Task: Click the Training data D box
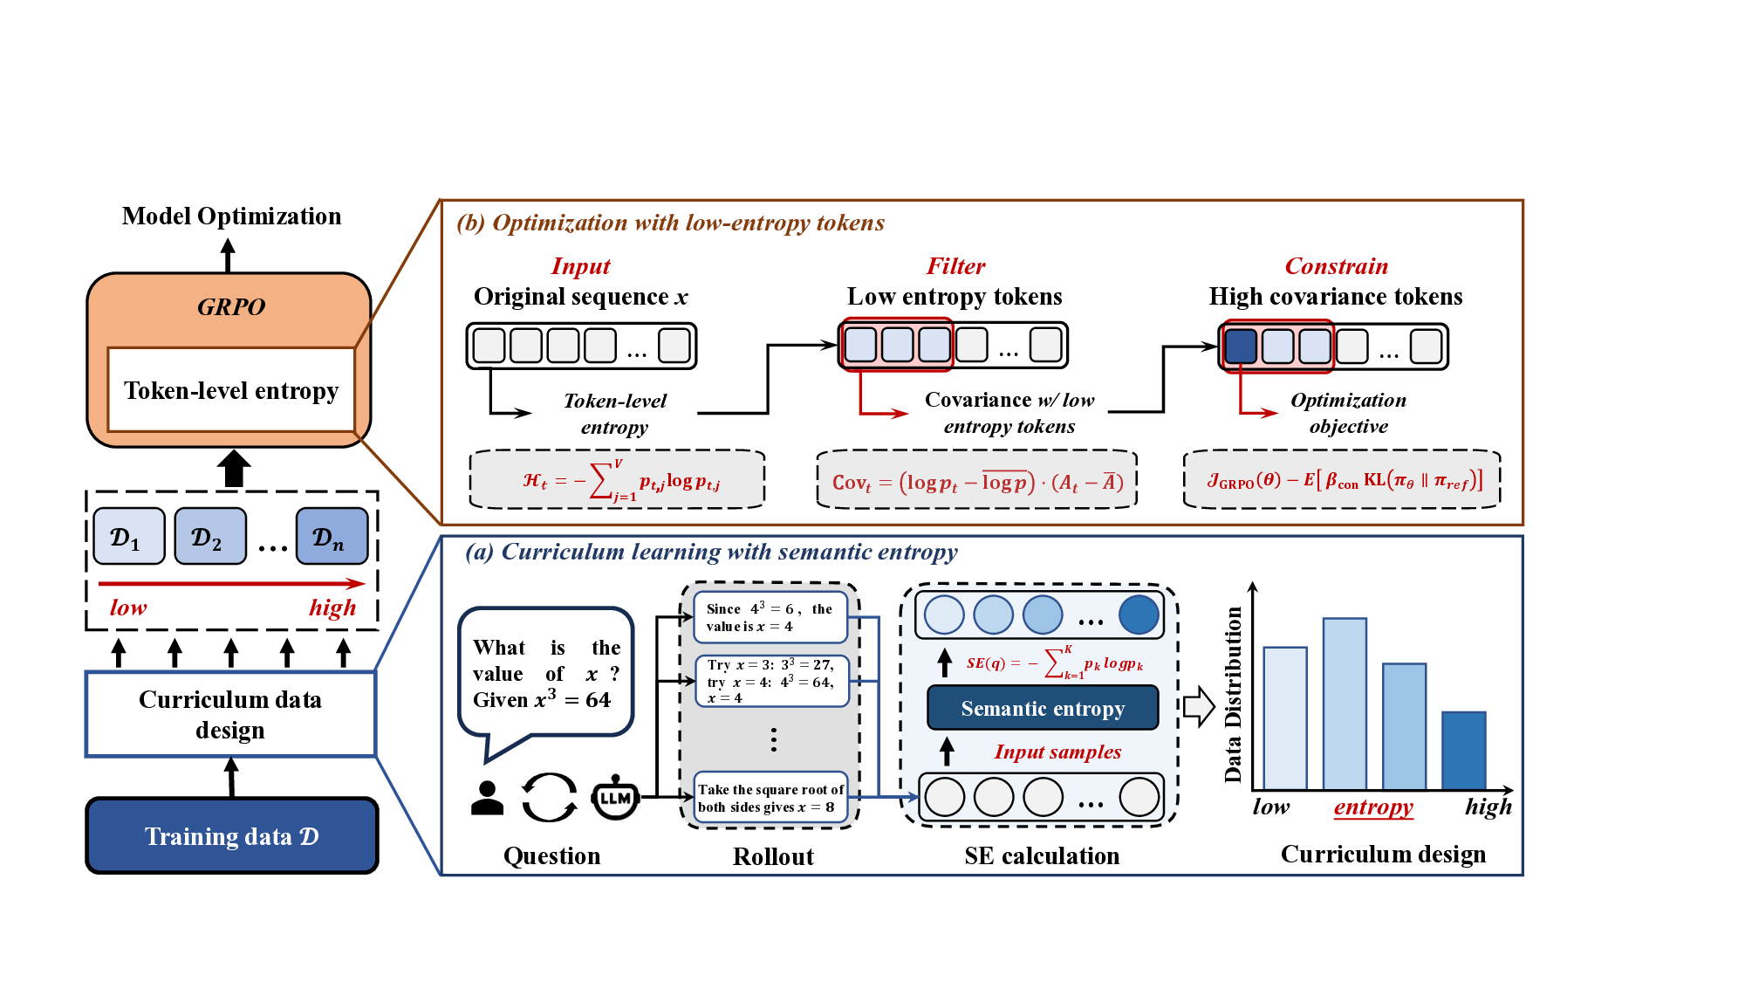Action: pyautogui.click(x=231, y=835)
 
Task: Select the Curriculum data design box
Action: pyautogui.click(x=230, y=714)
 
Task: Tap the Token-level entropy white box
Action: pyautogui.click(x=231, y=389)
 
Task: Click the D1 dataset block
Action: pyautogui.click(x=128, y=536)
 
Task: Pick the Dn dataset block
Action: pyautogui.click(x=332, y=536)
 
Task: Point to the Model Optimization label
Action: pyautogui.click(x=231, y=216)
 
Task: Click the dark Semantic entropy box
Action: pyautogui.click(x=1043, y=708)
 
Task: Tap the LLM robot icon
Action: pyautogui.click(x=615, y=797)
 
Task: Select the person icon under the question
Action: pyautogui.click(x=487, y=797)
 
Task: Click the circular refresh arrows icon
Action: pyautogui.click(x=550, y=797)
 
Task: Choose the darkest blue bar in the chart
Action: pyautogui.click(x=1463, y=751)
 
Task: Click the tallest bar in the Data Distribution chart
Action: pyautogui.click(x=1345, y=704)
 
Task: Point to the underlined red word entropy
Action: pyautogui.click(x=1373, y=807)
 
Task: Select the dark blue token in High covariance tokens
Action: pyautogui.click(x=1241, y=346)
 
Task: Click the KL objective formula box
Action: pyautogui.click(x=1342, y=480)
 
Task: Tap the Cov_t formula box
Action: pyautogui.click(x=977, y=481)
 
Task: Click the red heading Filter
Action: pyautogui.click(x=955, y=266)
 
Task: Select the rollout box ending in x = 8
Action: pyautogui.click(x=770, y=798)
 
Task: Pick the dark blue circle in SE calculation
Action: pyautogui.click(x=1139, y=615)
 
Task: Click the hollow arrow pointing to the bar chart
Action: pyautogui.click(x=1199, y=706)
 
